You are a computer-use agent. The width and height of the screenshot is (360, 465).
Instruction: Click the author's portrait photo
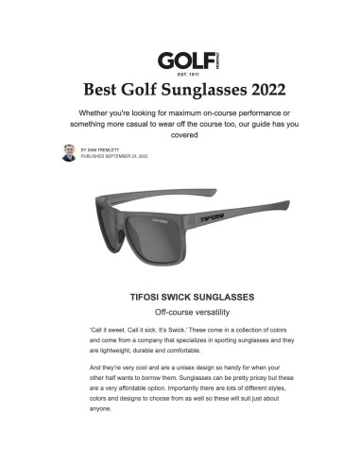(69, 152)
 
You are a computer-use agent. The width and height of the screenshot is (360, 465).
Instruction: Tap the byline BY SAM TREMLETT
(105, 148)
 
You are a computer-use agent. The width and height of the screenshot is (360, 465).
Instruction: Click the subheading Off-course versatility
(180, 312)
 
